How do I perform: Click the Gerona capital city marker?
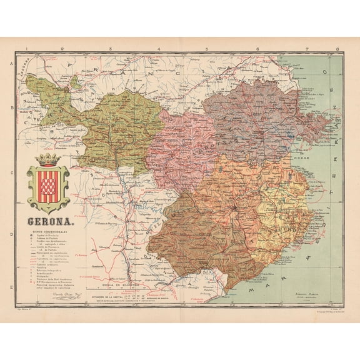(x=234, y=206)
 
